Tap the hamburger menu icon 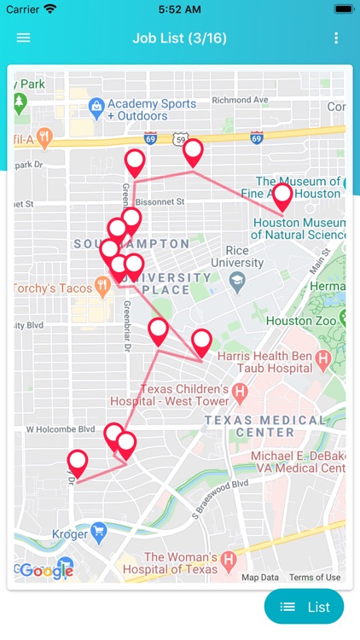pyautogui.click(x=23, y=38)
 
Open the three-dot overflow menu pyautogui.click(x=336, y=38)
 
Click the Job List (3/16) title pyautogui.click(x=179, y=38)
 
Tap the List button pyautogui.click(x=305, y=607)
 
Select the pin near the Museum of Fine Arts pyautogui.click(x=282, y=195)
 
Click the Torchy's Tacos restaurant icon pyautogui.click(x=103, y=288)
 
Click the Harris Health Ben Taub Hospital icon pyautogui.click(x=323, y=360)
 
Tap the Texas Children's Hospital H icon pyautogui.click(x=240, y=393)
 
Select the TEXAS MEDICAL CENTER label pyautogui.click(x=265, y=426)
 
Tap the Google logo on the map pyautogui.click(x=45, y=571)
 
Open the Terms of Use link pyautogui.click(x=315, y=578)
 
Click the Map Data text pyautogui.click(x=260, y=578)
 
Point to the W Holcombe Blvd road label pyautogui.click(x=60, y=429)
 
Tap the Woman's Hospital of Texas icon pyautogui.click(x=228, y=561)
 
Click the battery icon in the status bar pyautogui.click(x=344, y=9)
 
